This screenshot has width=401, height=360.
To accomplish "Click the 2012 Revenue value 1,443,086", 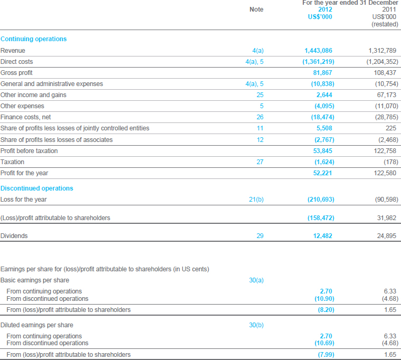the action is (x=318, y=51).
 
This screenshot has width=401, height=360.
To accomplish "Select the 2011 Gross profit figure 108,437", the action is (x=385, y=73).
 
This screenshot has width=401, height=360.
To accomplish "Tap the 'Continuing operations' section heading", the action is (x=33, y=39).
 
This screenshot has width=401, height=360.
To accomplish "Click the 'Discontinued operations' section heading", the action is (x=37, y=188).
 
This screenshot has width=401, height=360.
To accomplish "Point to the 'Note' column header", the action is (x=257, y=10).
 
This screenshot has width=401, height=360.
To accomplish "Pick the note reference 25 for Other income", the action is (x=260, y=95).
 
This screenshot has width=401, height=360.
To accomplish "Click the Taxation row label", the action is (x=12, y=162).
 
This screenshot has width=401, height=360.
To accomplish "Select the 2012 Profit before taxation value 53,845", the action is (x=323, y=151).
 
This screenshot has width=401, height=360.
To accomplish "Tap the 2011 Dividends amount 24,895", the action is (x=387, y=236).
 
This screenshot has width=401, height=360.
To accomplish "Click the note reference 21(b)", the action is (x=256, y=200).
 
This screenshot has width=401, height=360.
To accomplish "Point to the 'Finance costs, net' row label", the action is (x=25, y=117).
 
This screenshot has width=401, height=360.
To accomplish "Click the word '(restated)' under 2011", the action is (x=385, y=24).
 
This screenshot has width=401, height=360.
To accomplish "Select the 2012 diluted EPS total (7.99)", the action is (x=326, y=355).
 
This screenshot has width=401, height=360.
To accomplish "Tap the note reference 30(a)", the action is (x=256, y=280).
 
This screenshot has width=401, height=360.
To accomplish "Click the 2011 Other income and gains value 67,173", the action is (x=387, y=95).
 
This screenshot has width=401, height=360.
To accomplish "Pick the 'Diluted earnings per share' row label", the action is (x=37, y=325).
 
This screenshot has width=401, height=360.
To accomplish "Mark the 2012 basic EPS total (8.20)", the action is (x=326, y=310).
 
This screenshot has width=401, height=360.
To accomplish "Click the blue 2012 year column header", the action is (x=325, y=10).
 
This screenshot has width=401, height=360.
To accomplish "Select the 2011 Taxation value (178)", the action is (x=391, y=162).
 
